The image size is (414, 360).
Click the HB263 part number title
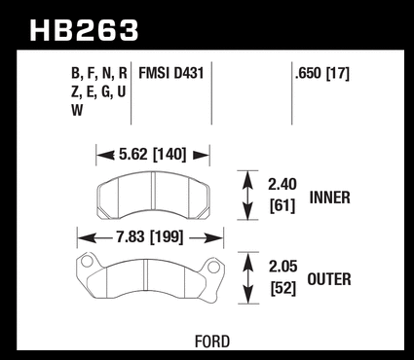pyautogui.click(x=84, y=30)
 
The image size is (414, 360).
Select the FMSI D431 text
pyautogui.click(x=171, y=73)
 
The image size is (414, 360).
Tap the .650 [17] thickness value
pyautogui.click(x=322, y=74)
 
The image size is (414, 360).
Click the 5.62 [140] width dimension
pyautogui.click(x=152, y=154)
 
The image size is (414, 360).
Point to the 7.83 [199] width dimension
pyautogui.click(x=150, y=236)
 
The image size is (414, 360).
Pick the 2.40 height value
pyautogui.click(x=282, y=184)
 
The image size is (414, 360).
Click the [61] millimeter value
pyautogui.click(x=282, y=205)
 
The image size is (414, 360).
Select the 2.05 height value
pyautogui.click(x=282, y=267)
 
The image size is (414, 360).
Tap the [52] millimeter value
pyautogui.click(x=283, y=288)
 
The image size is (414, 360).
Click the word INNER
pyautogui.click(x=330, y=198)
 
